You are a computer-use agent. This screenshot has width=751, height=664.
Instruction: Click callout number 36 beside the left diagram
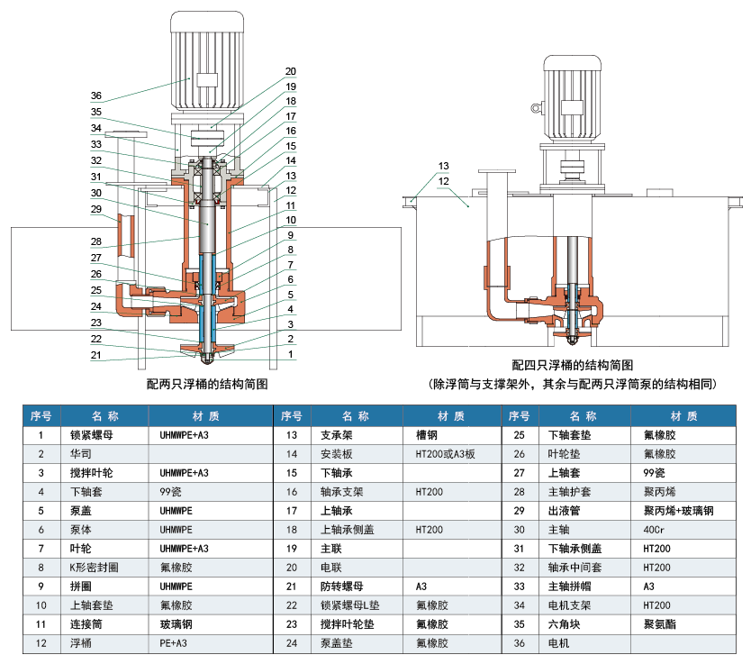click(96, 96)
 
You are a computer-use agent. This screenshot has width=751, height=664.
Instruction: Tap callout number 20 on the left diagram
click(290, 71)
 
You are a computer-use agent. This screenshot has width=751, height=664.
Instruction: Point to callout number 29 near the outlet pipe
click(96, 209)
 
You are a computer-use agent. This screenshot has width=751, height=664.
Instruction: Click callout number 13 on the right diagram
click(443, 166)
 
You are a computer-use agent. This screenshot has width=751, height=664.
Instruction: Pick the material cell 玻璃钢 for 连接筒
click(176, 624)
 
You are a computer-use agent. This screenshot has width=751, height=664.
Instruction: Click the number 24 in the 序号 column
click(290, 643)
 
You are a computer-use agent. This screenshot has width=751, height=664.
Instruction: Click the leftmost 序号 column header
click(41, 416)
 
